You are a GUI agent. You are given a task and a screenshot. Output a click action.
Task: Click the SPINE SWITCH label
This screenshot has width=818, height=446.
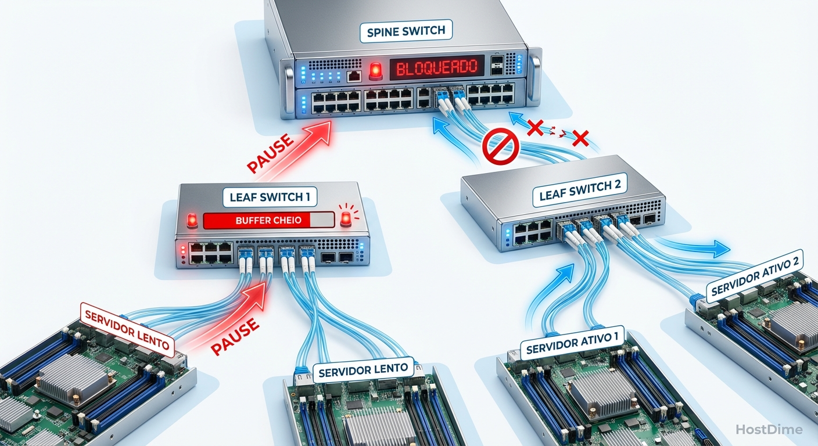pyautogui.click(x=406, y=31)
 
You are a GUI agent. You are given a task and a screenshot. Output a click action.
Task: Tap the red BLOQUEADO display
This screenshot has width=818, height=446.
pyautogui.click(x=436, y=67)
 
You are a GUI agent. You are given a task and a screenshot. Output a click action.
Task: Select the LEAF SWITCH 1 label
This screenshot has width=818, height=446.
pyautogui.click(x=270, y=197)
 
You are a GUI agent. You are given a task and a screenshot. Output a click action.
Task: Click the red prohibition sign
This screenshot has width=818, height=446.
pyautogui.click(x=500, y=148)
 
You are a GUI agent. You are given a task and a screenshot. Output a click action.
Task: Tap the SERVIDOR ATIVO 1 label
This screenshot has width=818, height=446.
pyautogui.click(x=572, y=342)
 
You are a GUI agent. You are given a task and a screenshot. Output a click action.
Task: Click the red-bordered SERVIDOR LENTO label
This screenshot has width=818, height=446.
pyautogui.click(x=127, y=329)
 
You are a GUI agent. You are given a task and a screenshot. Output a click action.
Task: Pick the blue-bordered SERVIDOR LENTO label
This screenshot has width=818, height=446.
pyautogui.click(x=364, y=369)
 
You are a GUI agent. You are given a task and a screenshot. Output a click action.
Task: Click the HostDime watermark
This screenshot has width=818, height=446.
pyautogui.click(x=768, y=430)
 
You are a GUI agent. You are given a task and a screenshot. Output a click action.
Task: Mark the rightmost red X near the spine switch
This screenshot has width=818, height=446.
pyautogui.click(x=580, y=138)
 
